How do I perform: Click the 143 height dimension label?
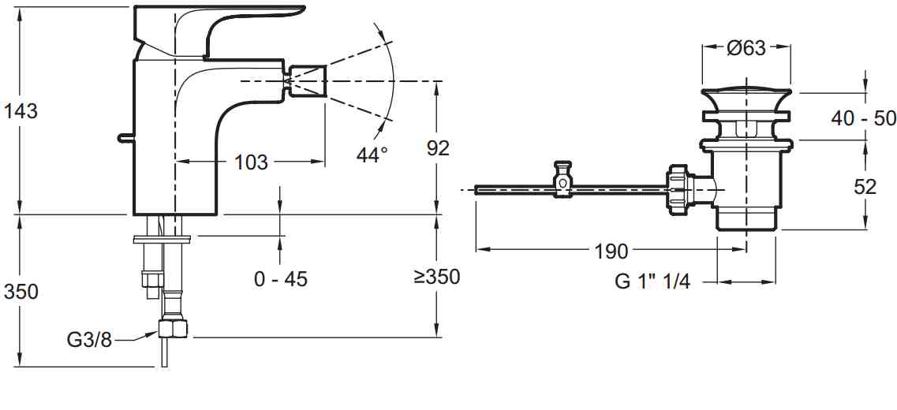(x=21, y=110)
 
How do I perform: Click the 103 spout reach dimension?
(x=251, y=162)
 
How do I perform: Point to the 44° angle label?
(x=372, y=155)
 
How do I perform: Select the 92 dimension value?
(x=438, y=148)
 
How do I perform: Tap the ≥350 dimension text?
(x=436, y=277)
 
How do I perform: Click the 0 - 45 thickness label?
(x=281, y=279)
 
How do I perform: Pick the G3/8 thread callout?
(x=89, y=341)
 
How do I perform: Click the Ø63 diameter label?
(x=746, y=48)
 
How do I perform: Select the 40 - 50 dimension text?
(x=862, y=118)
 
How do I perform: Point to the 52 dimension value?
(x=865, y=187)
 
